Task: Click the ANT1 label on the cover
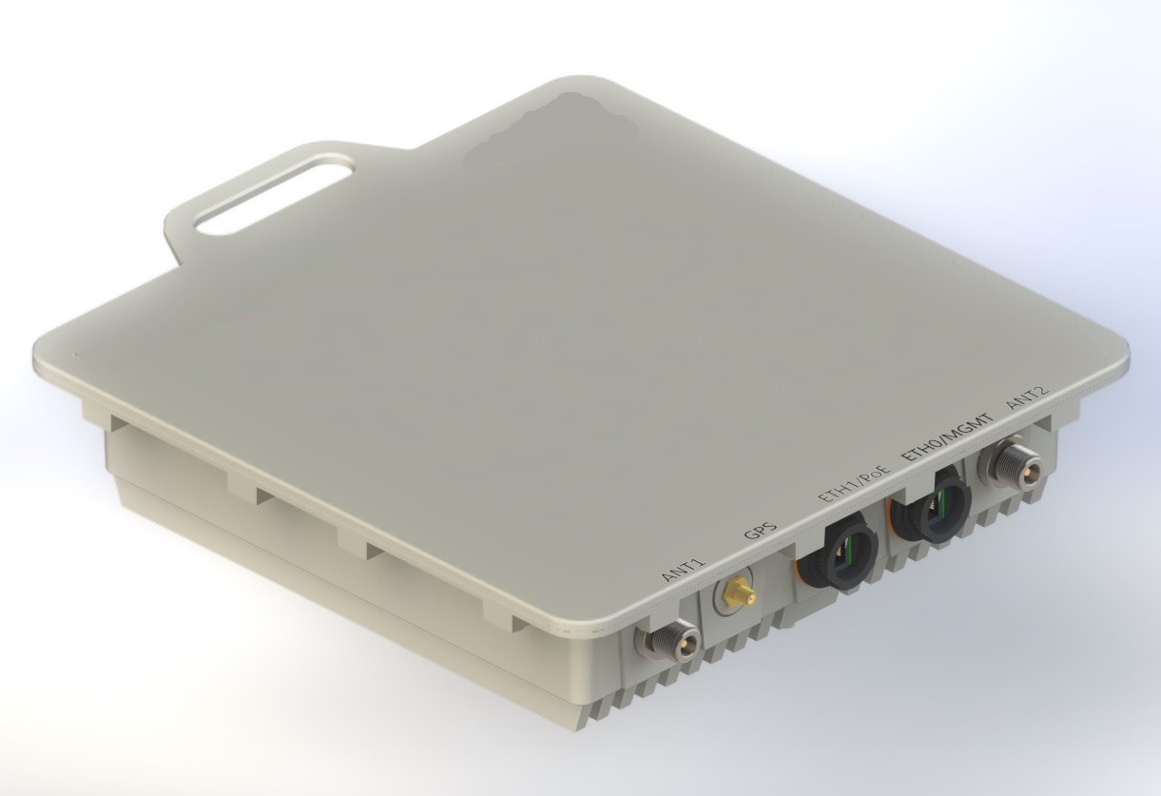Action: pos(686,569)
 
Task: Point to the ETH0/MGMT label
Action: pos(946,437)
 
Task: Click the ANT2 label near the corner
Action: pos(1028,397)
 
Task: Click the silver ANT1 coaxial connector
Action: pos(667,643)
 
